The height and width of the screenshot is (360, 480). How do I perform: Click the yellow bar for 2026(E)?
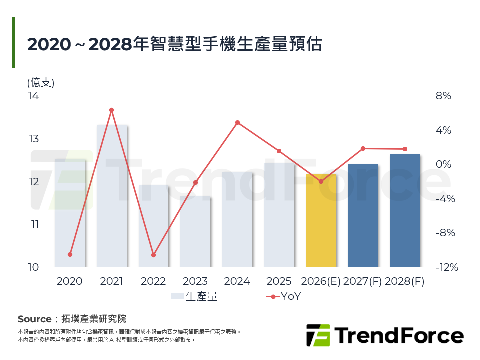[321, 220]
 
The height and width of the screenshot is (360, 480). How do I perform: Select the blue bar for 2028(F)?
[405, 210]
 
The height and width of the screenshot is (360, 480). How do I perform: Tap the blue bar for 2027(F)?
[363, 215]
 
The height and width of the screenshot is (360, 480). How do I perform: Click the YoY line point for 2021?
[112, 110]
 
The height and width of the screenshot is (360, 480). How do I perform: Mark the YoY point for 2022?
[153, 255]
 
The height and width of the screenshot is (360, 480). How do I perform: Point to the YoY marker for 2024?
[237, 122]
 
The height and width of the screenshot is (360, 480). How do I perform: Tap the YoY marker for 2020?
[70, 255]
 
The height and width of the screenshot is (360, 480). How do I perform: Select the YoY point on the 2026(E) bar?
[321, 181]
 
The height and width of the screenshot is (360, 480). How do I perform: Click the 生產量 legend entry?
[194, 296]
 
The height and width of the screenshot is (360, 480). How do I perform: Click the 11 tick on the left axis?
[33, 224]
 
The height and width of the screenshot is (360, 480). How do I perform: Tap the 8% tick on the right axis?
[443, 96]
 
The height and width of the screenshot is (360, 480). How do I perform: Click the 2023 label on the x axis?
[195, 281]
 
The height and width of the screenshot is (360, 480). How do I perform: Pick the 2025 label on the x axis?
[279, 281]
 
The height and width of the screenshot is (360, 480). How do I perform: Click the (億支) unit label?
[41, 83]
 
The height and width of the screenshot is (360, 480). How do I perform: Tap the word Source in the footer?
[34, 319]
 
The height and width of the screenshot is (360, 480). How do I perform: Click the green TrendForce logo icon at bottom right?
[318, 335]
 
